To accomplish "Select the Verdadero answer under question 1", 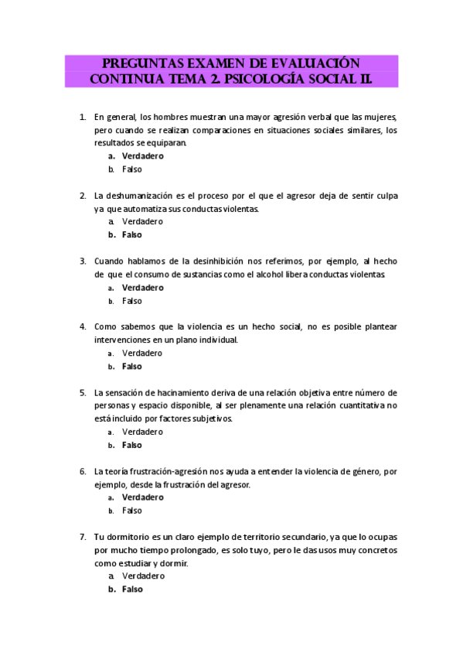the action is pos(143,156).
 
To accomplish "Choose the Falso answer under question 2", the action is pos(132,235).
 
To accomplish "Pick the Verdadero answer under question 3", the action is pos(143,288).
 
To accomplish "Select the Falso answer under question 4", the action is pos(132,367).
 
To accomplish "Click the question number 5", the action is pos(83,392).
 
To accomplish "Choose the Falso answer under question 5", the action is pos(132,446).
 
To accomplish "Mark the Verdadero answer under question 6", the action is pos(143,497).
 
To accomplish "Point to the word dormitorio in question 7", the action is pos(127,536).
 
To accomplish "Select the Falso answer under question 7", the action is pos(132,589).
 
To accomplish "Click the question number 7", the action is pos(83,536).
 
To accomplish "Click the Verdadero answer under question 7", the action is pos(143,576).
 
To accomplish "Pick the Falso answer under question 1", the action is pos(132,169).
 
